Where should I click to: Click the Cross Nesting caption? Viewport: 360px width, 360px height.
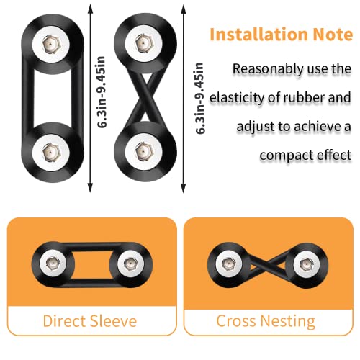266,320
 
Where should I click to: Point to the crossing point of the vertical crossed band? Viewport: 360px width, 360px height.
143,99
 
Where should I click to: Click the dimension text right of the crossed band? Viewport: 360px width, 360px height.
199,98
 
